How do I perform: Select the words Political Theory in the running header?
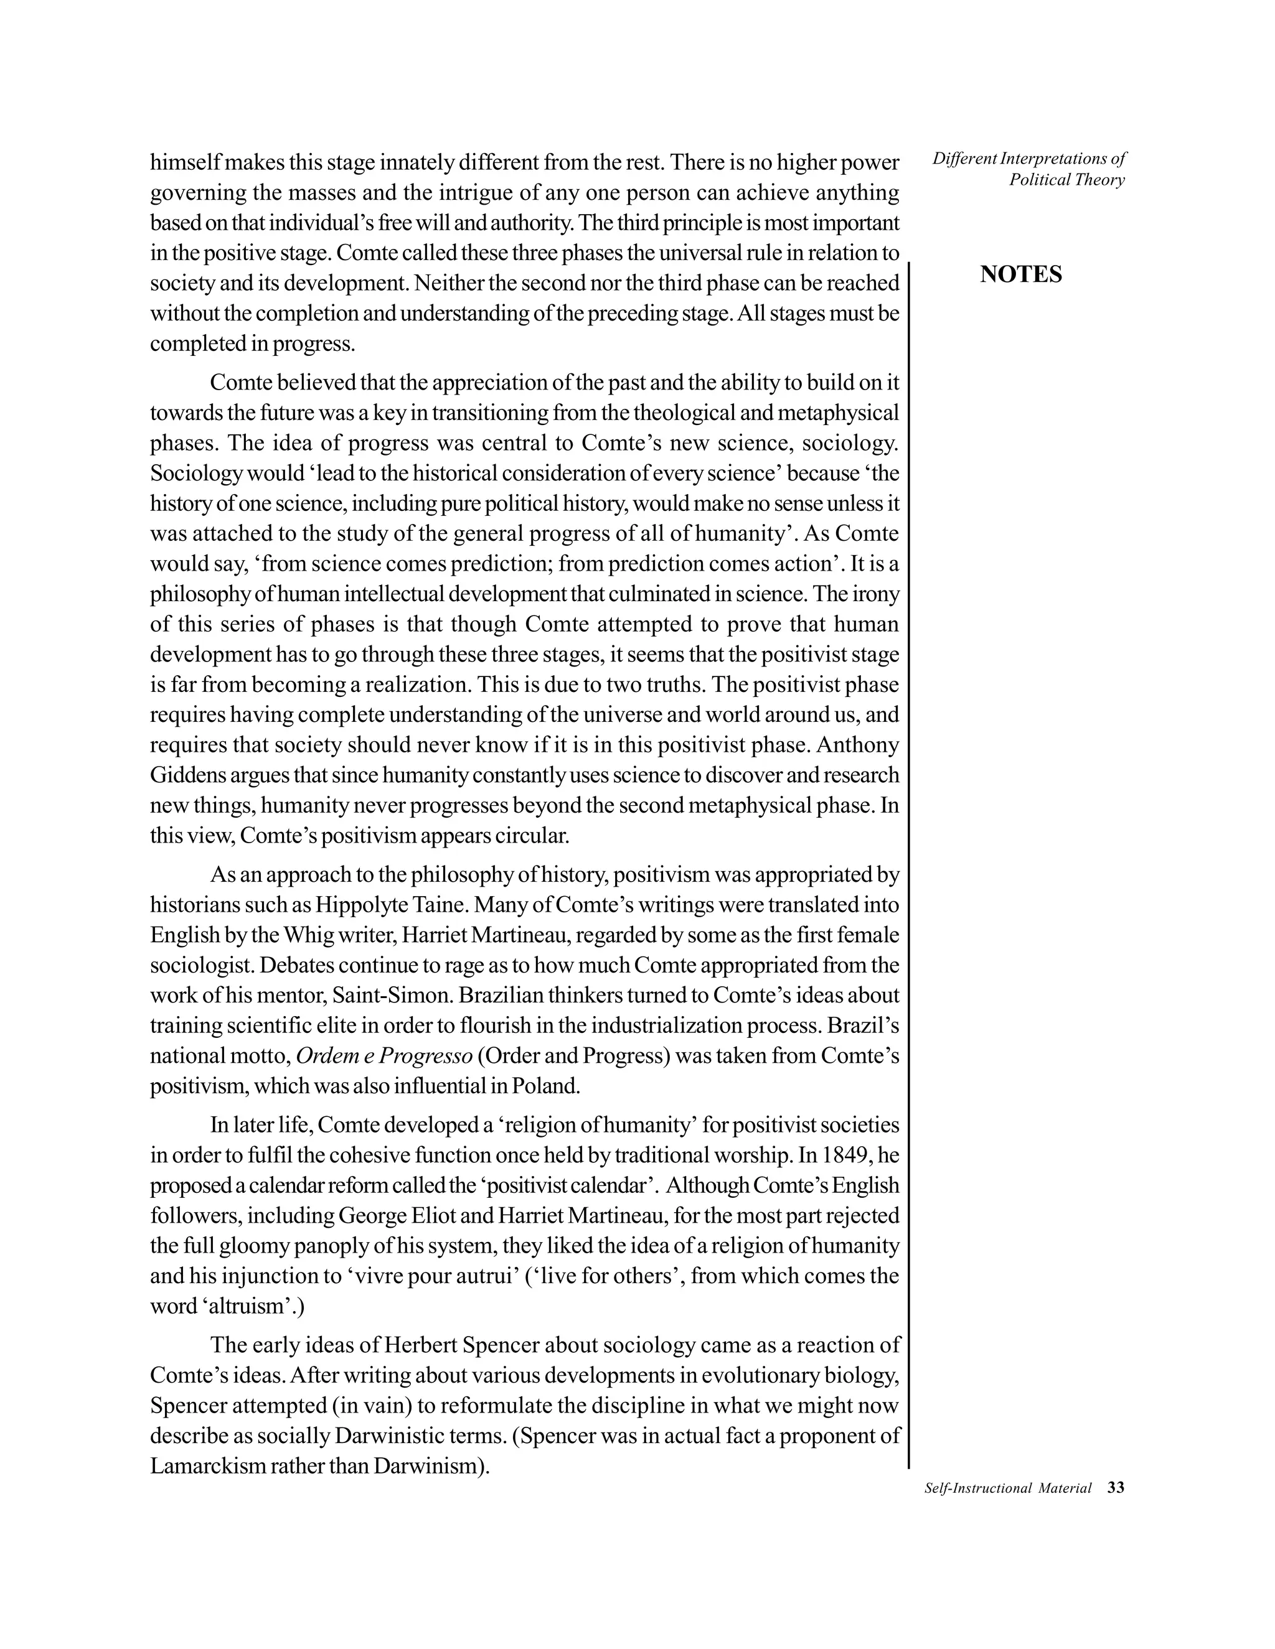coord(1066,180)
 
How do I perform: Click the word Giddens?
coord(181,775)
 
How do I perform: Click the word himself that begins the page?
coord(185,162)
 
